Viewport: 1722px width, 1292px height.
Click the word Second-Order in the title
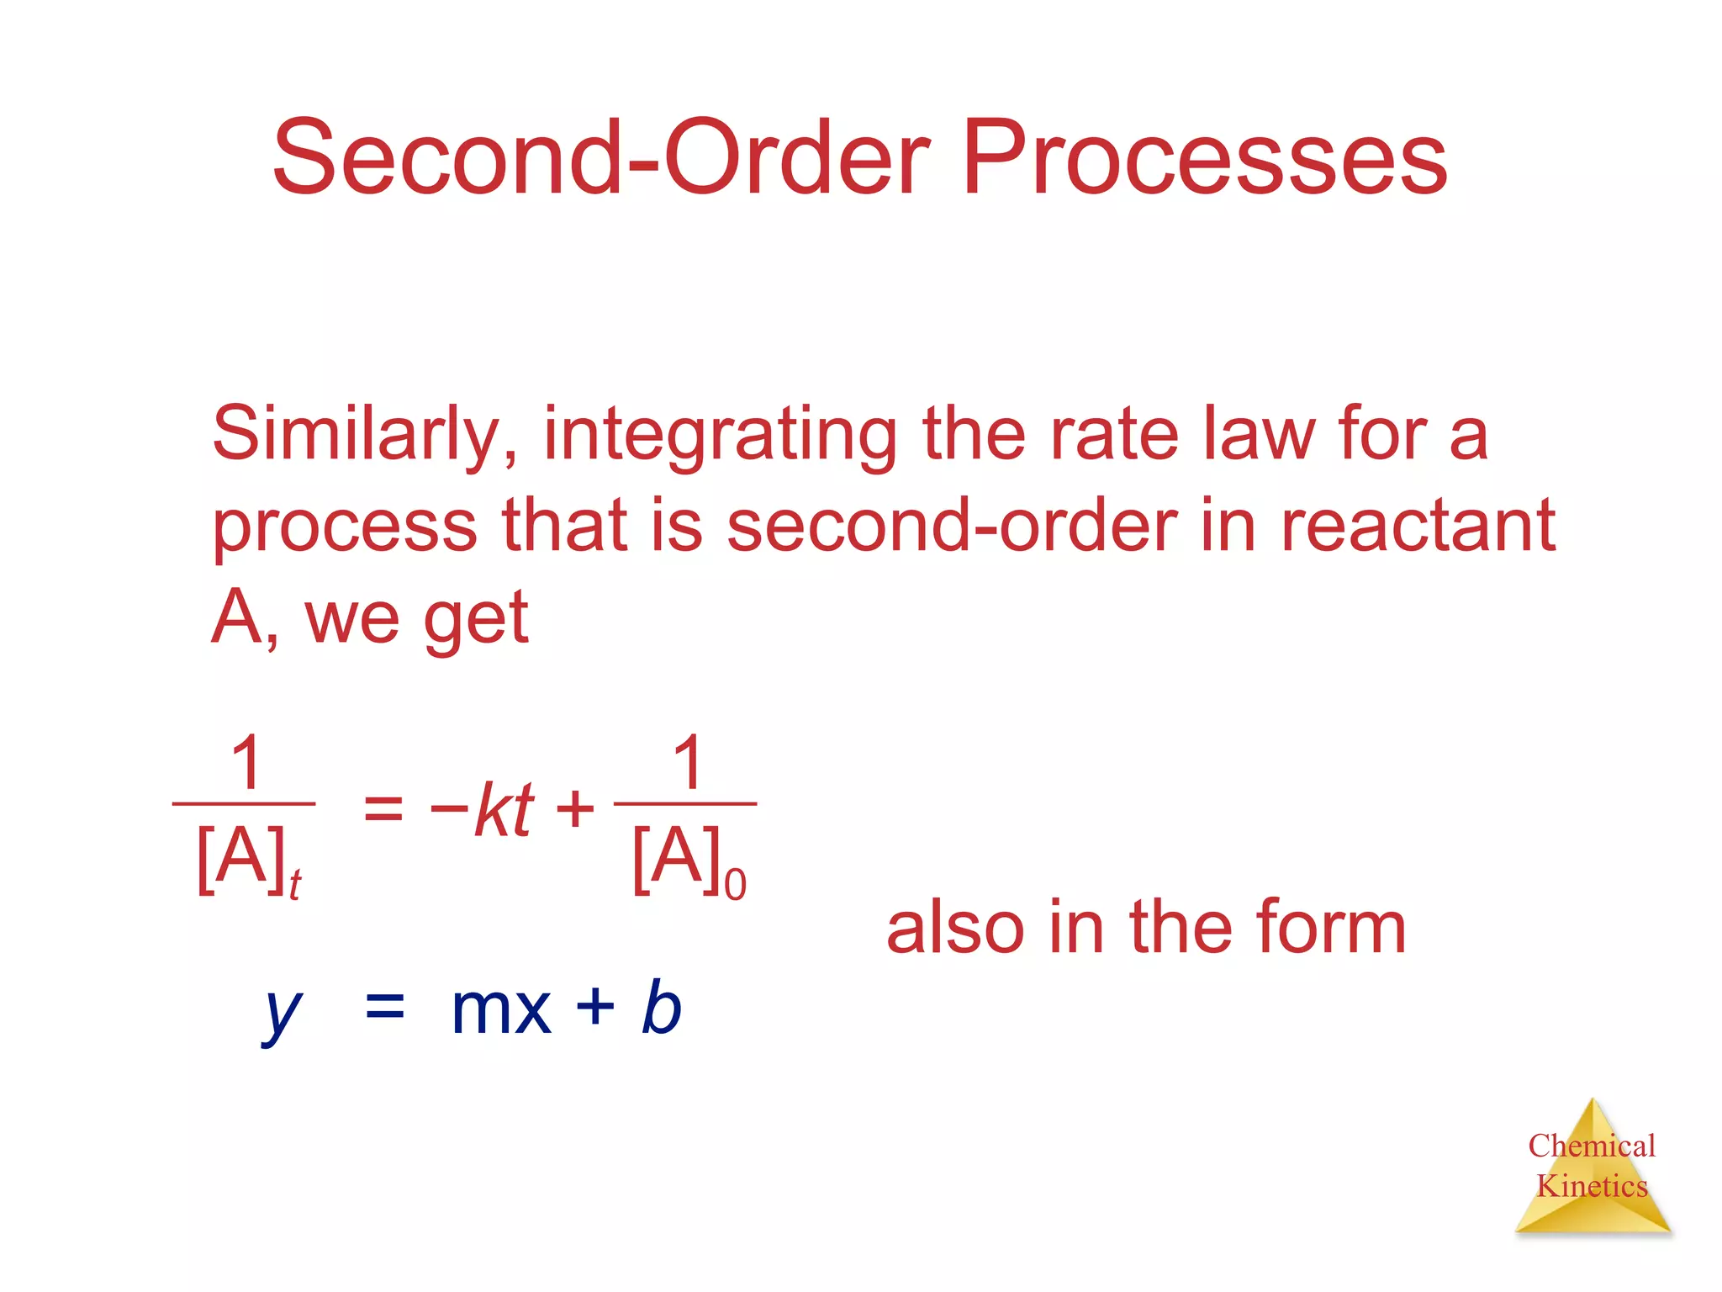(x=600, y=157)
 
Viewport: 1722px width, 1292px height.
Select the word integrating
(x=720, y=436)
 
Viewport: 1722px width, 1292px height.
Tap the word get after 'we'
(x=476, y=619)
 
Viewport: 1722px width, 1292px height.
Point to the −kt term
(x=483, y=809)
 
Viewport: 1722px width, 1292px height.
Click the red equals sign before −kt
(x=383, y=809)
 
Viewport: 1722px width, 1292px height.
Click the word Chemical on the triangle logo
(x=1591, y=1146)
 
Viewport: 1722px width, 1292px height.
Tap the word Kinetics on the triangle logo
(x=1591, y=1186)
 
